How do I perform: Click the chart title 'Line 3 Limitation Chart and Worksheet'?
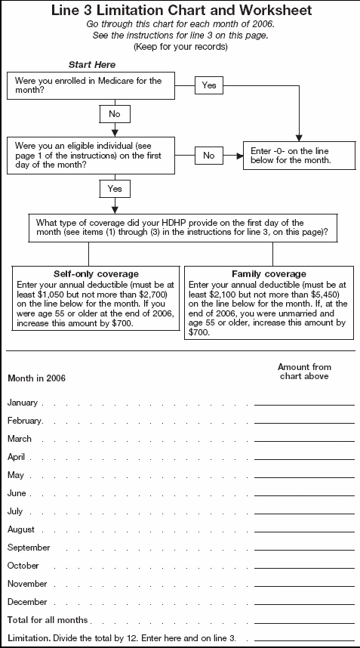(x=180, y=11)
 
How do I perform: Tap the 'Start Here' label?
(x=93, y=66)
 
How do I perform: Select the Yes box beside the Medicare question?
(x=209, y=85)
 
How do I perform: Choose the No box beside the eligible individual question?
(x=209, y=156)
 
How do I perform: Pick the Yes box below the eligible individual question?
(x=114, y=187)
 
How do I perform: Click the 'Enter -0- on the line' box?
(x=299, y=156)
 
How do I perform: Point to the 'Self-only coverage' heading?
(x=96, y=273)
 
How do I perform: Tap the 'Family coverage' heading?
(x=269, y=273)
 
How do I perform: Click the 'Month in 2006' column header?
(x=36, y=378)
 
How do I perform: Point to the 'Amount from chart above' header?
(x=304, y=372)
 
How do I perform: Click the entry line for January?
(x=304, y=404)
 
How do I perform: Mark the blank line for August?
(x=304, y=531)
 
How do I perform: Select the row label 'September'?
(x=29, y=548)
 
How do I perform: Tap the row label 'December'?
(x=27, y=602)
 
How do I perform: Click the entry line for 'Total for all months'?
(x=304, y=622)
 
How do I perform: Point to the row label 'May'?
(x=16, y=475)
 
